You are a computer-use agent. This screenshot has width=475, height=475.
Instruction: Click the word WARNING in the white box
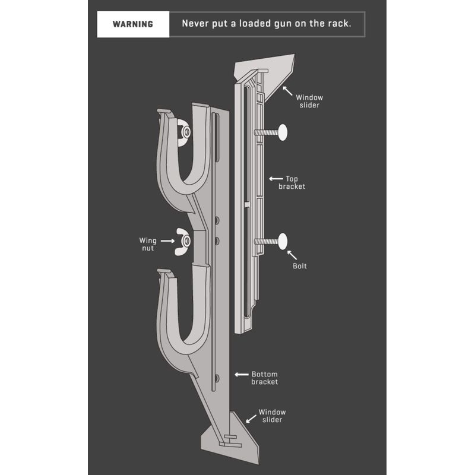tap(132, 24)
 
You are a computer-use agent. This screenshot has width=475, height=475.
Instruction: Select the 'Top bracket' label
tap(292, 183)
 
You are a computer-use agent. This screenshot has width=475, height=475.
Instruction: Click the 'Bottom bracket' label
tap(264, 378)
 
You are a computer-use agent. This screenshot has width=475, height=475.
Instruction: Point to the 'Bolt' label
tap(300, 266)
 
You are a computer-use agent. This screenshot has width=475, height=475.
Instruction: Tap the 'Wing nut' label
tap(148, 244)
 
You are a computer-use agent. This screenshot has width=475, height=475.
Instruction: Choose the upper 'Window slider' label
tap(309, 101)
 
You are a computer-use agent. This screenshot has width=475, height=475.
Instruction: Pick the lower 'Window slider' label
tap(272, 416)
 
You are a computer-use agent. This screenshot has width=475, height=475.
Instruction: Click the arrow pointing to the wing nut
tap(167, 241)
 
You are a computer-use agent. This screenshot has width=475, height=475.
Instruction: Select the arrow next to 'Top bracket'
tap(276, 179)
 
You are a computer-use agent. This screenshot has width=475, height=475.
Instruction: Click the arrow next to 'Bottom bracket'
tap(242, 375)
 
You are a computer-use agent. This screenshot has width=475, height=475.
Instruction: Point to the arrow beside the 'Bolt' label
tap(292, 255)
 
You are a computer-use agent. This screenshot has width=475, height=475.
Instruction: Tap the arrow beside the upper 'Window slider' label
tap(288, 91)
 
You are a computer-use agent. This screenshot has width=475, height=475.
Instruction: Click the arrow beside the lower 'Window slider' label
tap(251, 419)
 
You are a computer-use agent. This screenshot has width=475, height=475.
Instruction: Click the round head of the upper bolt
tap(283, 132)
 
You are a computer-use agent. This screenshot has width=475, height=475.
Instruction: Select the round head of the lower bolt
tap(283, 241)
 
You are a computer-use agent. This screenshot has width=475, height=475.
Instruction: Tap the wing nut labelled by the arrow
tap(183, 242)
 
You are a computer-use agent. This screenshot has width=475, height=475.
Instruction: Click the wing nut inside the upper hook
tap(184, 132)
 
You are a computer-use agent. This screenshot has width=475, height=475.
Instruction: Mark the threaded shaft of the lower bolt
tap(266, 242)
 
